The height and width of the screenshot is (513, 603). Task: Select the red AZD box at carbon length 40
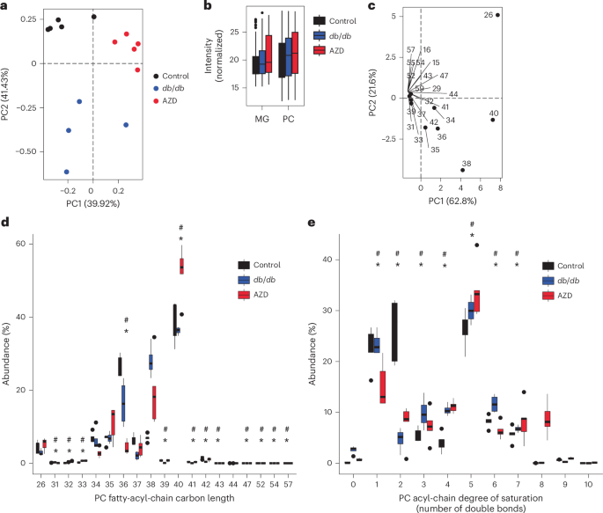[x=182, y=266]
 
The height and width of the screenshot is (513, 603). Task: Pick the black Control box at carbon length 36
[x=120, y=366]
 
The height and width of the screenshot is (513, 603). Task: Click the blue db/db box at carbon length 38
[x=151, y=362]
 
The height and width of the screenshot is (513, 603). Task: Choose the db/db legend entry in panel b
[x=327, y=38]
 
